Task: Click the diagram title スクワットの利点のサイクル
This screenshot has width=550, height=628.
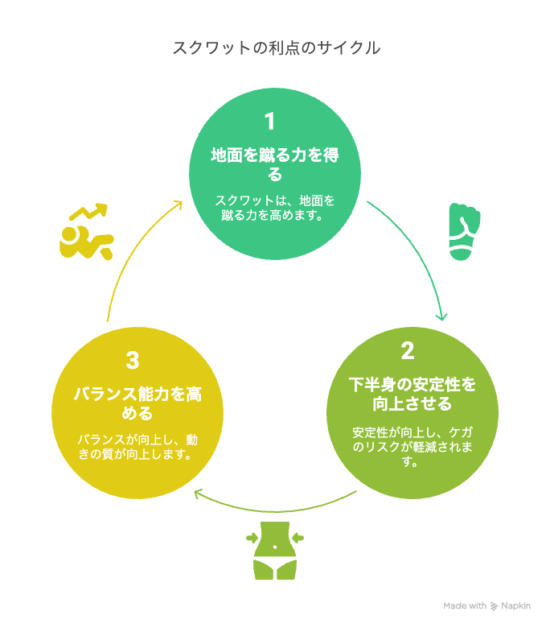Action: pos(276,48)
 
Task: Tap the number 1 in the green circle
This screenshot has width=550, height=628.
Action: pos(270,122)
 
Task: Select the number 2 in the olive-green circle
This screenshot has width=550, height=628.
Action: pos(408,351)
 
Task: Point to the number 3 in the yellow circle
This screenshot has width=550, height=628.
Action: pos(133,360)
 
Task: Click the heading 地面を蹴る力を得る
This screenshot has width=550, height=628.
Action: pos(275,164)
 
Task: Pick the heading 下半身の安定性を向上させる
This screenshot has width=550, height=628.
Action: pos(412,394)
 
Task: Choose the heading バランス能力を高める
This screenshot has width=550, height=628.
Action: pos(137,403)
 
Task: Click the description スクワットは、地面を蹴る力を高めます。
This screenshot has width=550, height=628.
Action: pos(275,208)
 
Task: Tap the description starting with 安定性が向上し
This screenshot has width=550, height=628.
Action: pos(412,447)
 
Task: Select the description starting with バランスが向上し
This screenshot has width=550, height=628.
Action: pos(137,447)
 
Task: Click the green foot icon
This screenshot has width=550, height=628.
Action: pos(464,232)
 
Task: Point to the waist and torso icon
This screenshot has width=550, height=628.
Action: pos(275,550)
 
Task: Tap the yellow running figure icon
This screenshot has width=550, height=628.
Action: pos(87,242)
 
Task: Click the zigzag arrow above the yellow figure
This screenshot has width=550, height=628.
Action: pos(88,212)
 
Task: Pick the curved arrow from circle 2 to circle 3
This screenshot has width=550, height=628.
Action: pos(275,511)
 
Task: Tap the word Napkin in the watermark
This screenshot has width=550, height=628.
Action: pos(515,606)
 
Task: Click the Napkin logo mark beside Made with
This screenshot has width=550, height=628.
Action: pos(494,606)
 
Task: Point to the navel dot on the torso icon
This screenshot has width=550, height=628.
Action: pos(275,547)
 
